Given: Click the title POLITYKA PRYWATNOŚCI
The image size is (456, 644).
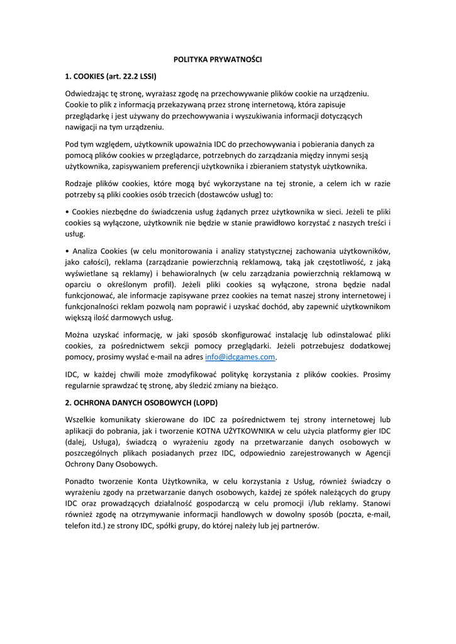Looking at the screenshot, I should (217, 60).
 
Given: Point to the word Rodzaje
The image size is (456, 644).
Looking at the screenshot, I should (80, 184).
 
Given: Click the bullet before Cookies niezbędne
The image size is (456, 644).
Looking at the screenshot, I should (67, 211).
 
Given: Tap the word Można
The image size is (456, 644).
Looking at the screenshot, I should (79, 335).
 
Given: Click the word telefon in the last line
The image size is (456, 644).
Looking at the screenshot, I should (79, 526).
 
